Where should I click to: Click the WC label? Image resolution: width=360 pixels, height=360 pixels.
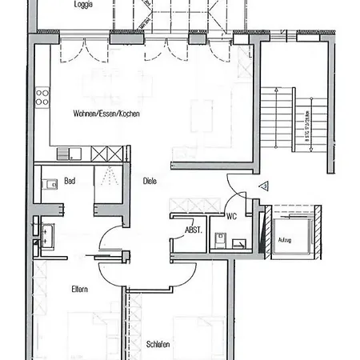pos(230,215)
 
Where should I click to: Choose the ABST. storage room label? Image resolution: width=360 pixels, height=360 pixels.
pos(193,230)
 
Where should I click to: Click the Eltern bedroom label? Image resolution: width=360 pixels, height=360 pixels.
pos(78,289)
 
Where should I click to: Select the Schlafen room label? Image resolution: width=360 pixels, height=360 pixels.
pos(158,345)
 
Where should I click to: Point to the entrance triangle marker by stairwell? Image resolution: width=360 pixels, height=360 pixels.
pos(262,186)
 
